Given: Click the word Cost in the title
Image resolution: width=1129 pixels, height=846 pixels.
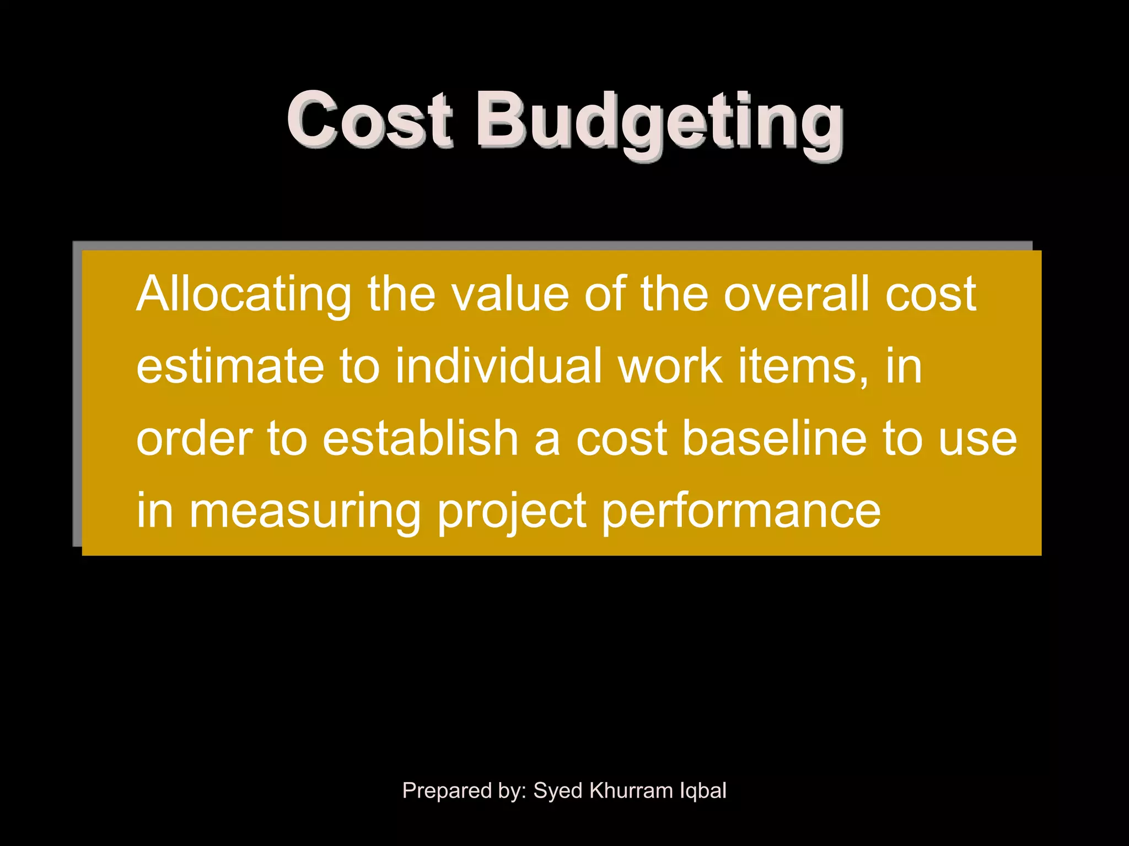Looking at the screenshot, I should tap(369, 120).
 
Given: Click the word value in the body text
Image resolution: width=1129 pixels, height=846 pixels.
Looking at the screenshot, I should tap(510, 295).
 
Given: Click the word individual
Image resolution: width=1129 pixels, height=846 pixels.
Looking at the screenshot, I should tap(499, 366).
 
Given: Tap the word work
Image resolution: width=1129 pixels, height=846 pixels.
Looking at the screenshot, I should tap(670, 366).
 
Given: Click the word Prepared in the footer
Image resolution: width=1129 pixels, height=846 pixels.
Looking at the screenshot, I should tap(447, 791).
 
